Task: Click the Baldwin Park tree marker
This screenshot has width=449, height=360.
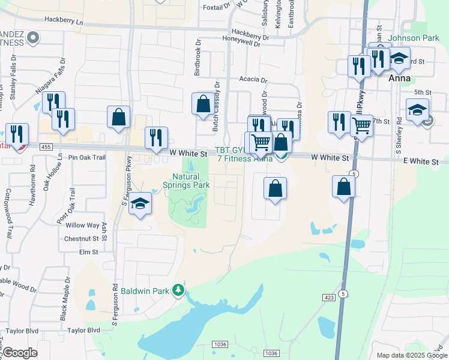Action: coord(178,291)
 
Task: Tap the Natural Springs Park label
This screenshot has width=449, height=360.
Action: coord(191,181)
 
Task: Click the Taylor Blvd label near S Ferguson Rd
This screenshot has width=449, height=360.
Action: coord(83,330)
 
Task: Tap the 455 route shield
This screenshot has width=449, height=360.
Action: coord(45,146)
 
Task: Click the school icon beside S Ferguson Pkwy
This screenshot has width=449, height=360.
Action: coord(140,205)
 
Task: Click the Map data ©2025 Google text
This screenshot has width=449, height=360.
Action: coord(411,355)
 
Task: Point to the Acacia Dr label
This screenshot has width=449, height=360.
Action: coord(252,79)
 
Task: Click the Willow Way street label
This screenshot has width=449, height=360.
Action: coord(82,225)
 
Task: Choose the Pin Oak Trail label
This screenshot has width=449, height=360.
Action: coord(87,157)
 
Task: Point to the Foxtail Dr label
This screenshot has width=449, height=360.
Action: coord(217,8)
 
